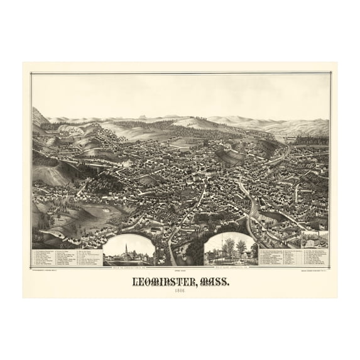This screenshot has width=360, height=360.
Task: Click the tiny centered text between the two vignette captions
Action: click(180, 266)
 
